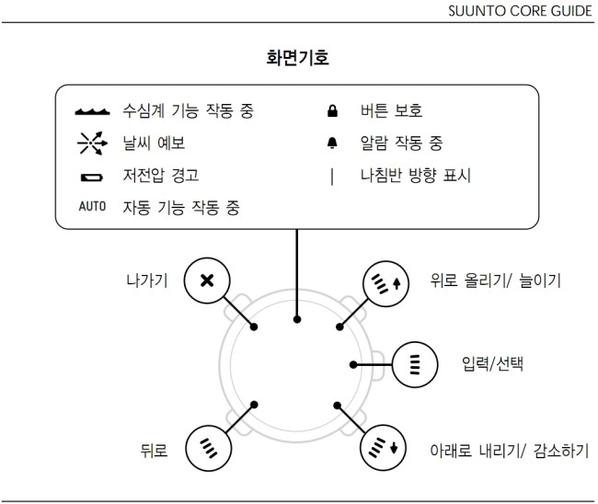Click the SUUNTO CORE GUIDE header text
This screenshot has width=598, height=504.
(520, 11)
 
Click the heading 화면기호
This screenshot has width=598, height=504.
(297, 58)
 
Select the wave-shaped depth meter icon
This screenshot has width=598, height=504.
(92, 111)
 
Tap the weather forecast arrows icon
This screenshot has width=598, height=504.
(92, 143)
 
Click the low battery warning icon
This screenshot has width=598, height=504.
(92, 178)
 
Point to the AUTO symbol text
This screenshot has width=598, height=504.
(92, 206)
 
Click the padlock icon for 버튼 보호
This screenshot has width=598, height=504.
(332, 110)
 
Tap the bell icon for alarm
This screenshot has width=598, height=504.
(332, 143)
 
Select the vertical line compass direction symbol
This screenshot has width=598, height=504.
(332, 177)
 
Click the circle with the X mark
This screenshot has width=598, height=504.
(207, 281)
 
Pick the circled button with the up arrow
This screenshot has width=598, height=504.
(385, 284)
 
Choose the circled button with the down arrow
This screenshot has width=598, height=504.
(383, 448)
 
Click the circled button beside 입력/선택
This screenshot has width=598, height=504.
(415, 364)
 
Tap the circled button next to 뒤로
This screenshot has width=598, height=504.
(208, 448)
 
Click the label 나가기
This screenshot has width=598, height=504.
(147, 281)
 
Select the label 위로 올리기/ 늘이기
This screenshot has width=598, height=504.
(496, 281)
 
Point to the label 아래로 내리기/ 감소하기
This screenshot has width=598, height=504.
(510, 451)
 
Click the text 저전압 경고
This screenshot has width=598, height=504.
(161, 176)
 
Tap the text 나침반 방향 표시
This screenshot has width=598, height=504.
(416, 176)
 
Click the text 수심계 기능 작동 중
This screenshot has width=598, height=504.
(188, 111)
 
